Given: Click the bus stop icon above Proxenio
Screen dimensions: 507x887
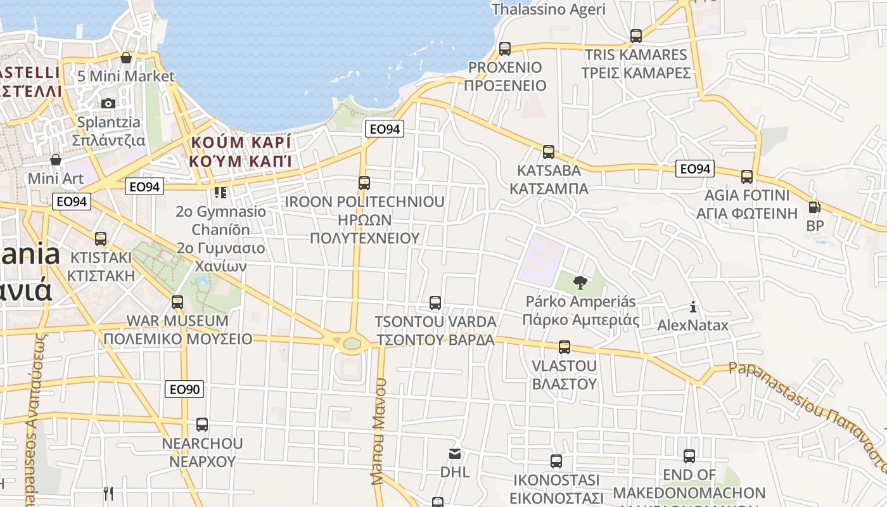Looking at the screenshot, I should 505,48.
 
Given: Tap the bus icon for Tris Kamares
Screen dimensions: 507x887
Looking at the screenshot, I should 636,35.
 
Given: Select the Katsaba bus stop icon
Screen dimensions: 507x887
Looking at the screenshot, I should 549,152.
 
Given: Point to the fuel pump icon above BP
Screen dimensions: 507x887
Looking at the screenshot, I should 815,207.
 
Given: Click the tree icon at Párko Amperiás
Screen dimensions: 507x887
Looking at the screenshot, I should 580,283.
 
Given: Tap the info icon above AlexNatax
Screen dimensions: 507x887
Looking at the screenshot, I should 693,307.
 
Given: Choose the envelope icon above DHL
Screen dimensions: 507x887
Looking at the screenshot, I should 455,453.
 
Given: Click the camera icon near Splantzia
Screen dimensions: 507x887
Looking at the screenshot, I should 108,103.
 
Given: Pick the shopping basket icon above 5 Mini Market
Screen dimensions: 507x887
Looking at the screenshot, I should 126,58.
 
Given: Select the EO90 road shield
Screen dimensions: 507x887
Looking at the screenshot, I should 184,389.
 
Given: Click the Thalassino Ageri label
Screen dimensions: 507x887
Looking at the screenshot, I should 549,10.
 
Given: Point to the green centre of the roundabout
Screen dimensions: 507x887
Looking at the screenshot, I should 352,343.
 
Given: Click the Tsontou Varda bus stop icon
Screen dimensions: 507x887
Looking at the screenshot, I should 435,303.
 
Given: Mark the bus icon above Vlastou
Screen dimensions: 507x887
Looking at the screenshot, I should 565,347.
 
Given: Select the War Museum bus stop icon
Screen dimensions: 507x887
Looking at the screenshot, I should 177,302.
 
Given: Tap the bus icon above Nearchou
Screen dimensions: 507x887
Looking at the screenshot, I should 202,425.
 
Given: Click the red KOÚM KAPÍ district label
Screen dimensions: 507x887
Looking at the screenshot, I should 241,151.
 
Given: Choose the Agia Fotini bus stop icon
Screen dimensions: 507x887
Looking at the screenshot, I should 747,177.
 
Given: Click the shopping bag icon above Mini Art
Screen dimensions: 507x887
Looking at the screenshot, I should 56,160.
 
